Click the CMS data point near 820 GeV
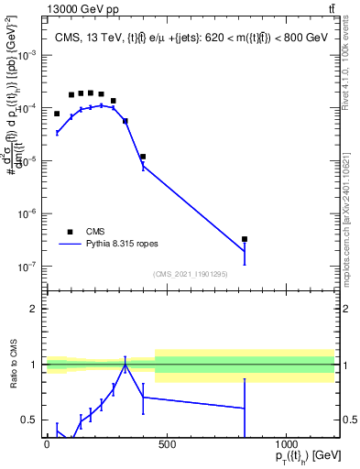coord(245,239)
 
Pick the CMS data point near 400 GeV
coord(143,157)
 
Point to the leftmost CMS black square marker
coord(57,114)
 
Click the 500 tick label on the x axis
coord(167,444)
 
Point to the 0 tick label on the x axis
coord(47,444)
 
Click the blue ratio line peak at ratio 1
coord(125,365)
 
